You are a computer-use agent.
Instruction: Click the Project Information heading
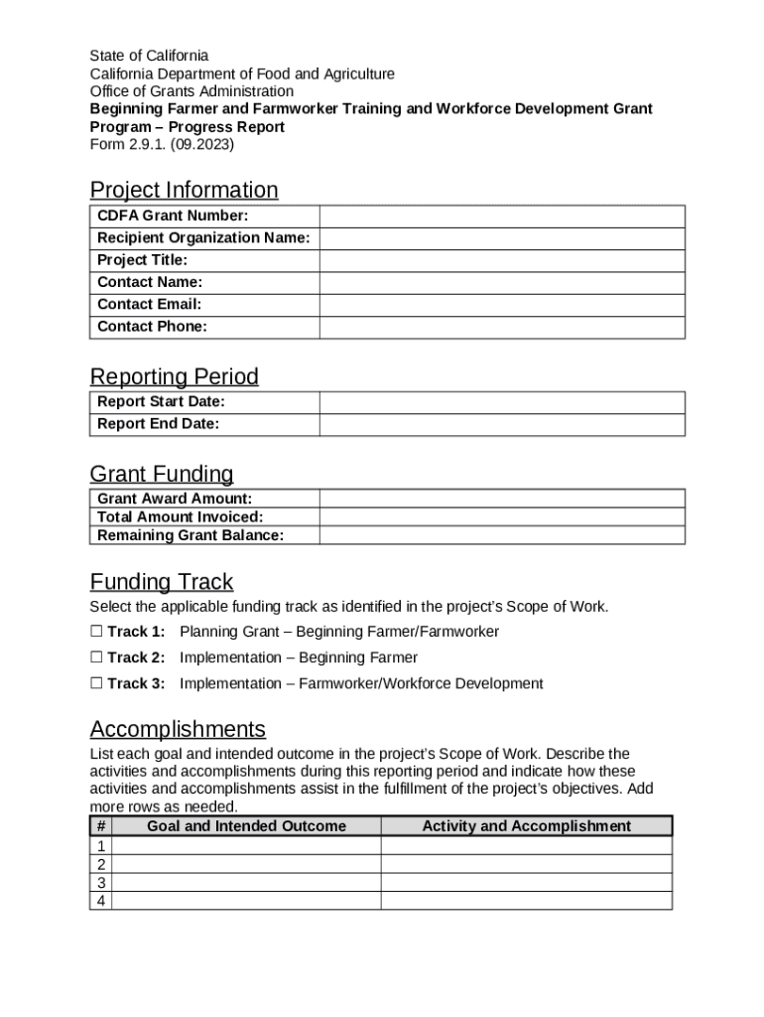click(x=184, y=190)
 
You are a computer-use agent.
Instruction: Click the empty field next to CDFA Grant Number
click(x=501, y=217)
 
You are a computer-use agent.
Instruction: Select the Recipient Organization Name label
click(x=203, y=238)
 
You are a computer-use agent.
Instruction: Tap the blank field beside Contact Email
click(x=501, y=305)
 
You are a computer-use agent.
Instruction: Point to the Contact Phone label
click(x=152, y=327)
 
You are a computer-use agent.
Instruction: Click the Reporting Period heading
click(x=174, y=376)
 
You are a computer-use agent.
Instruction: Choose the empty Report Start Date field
click(x=501, y=402)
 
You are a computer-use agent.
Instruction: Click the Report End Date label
click(x=158, y=424)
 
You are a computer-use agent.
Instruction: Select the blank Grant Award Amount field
click(x=501, y=499)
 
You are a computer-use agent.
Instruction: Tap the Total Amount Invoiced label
click(x=180, y=517)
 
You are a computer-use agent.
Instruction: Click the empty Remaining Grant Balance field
click(x=501, y=535)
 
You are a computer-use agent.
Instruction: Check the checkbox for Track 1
click(x=96, y=632)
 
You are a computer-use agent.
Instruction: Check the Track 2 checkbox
click(x=96, y=657)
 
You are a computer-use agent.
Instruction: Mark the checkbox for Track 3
click(x=96, y=683)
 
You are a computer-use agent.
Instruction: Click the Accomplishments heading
click(x=178, y=729)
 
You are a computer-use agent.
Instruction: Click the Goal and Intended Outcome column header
click(x=246, y=826)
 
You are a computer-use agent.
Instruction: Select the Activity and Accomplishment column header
click(x=526, y=826)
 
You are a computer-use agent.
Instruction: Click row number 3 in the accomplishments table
click(x=100, y=883)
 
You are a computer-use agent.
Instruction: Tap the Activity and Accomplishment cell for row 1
click(x=526, y=846)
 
